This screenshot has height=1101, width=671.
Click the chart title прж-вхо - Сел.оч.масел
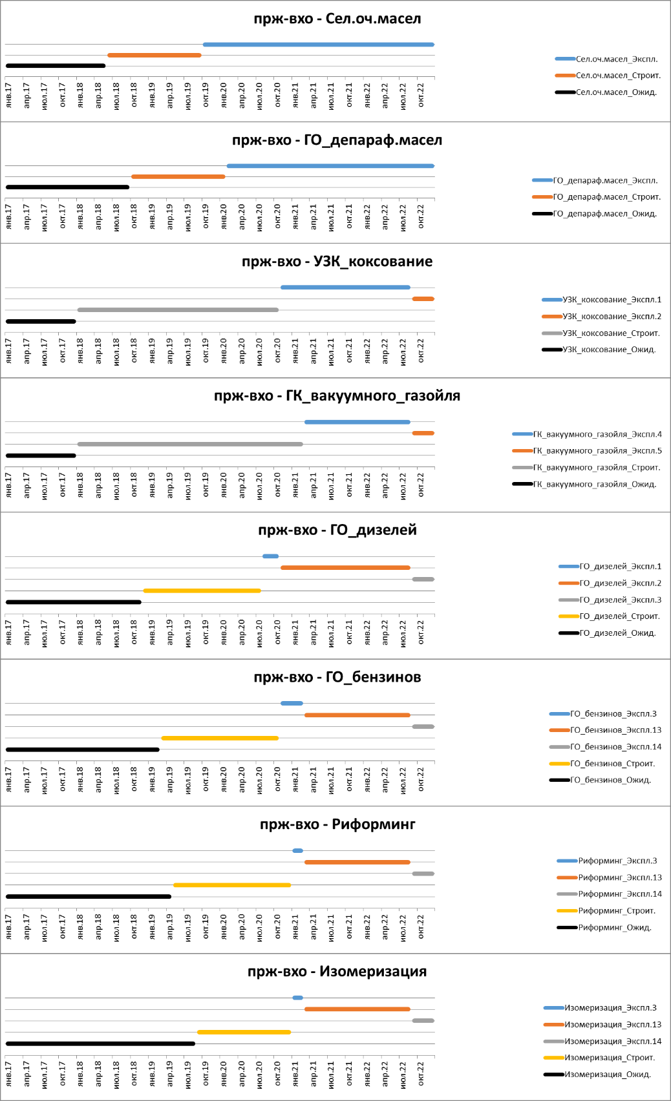(337, 19)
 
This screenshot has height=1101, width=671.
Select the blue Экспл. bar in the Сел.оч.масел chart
(318, 45)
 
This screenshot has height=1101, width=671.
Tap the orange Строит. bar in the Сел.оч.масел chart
(154, 56)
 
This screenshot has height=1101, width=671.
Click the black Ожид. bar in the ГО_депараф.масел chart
(67, 187)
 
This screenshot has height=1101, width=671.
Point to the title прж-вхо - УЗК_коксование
(337, 262)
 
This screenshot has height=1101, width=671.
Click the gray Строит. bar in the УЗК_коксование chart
(178, 310)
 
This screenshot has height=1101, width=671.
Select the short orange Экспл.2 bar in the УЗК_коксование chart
(423, 299)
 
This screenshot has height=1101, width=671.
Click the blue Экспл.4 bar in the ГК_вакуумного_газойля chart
(357, 422)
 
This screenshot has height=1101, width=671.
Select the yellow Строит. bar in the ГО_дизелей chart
(202, 591)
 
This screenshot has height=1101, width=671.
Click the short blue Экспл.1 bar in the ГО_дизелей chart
(270, 556)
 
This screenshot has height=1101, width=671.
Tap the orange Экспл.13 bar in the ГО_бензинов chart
(357, 715)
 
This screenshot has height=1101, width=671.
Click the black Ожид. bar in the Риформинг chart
(88, 897)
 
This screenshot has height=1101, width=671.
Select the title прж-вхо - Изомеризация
(337, 972)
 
